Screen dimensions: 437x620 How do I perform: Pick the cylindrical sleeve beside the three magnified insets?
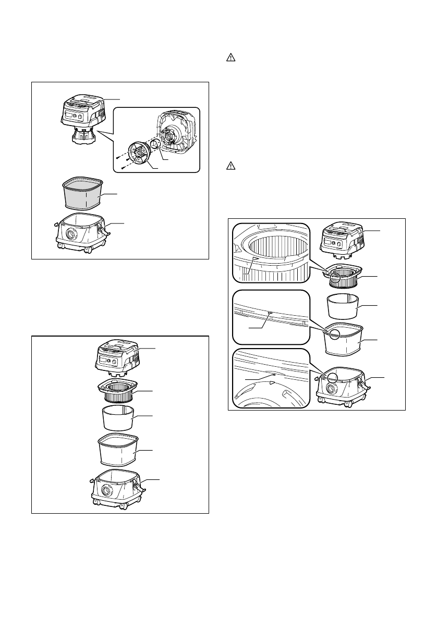click(x=343, y=307)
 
